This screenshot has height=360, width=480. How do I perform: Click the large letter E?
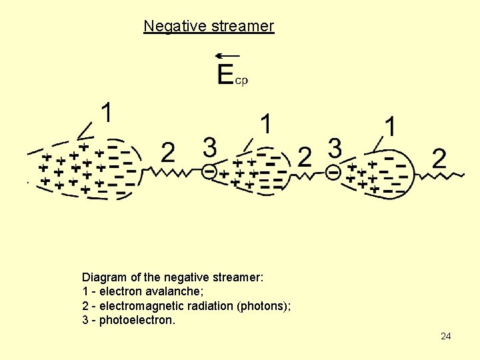click(226, 74)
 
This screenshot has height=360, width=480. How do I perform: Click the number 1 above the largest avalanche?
click(105, 113)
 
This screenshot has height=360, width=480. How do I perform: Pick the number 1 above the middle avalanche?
click(266, 124)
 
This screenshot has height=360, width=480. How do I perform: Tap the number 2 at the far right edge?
click(439, 159)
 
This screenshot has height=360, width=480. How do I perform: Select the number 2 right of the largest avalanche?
click(168, 154)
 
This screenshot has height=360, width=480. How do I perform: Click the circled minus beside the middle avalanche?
click(210, 171)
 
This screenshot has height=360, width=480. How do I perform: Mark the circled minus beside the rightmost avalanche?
click(333, 172)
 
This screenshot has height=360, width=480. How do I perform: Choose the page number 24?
click(446, 337)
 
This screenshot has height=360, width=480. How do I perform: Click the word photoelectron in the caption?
click(137, 321)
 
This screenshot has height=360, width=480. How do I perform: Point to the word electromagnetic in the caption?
click(141, 306)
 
